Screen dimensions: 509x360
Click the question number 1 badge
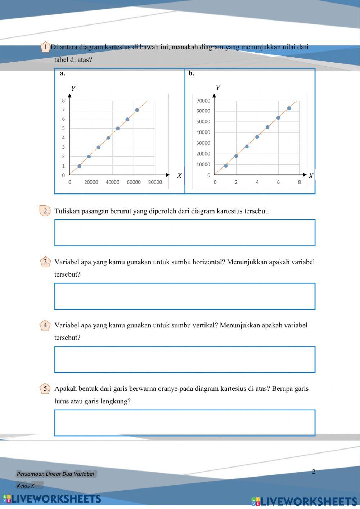[x=45, y=47]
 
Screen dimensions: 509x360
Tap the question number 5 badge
[x=45, y=389]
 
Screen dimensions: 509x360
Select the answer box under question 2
[x=185, y=233]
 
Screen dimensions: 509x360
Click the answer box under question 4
[x=185, y=360]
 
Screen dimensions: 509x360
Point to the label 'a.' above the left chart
[x=63, y=73]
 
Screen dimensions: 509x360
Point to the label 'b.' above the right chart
[x=191, y=73]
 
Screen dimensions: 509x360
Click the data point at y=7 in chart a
[x=137, y=110]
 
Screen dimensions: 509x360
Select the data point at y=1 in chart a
[x=80, y=166]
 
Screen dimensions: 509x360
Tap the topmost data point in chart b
[x=289, y=108]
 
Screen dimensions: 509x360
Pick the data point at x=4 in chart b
[x=257, y=137]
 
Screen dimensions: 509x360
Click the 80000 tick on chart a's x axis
[x=155, y=182]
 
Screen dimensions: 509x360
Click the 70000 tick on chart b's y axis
[x=203, y=101]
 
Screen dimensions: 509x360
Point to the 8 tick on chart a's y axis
[x=63, y=101]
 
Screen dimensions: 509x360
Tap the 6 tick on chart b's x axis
[x=278, y=182]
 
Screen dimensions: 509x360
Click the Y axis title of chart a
[x=73, y=89]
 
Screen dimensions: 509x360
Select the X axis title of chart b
[x=311, y=176]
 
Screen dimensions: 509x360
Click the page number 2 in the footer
[x=314, y=472]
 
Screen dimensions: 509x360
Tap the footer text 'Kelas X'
[x=26, y=486]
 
